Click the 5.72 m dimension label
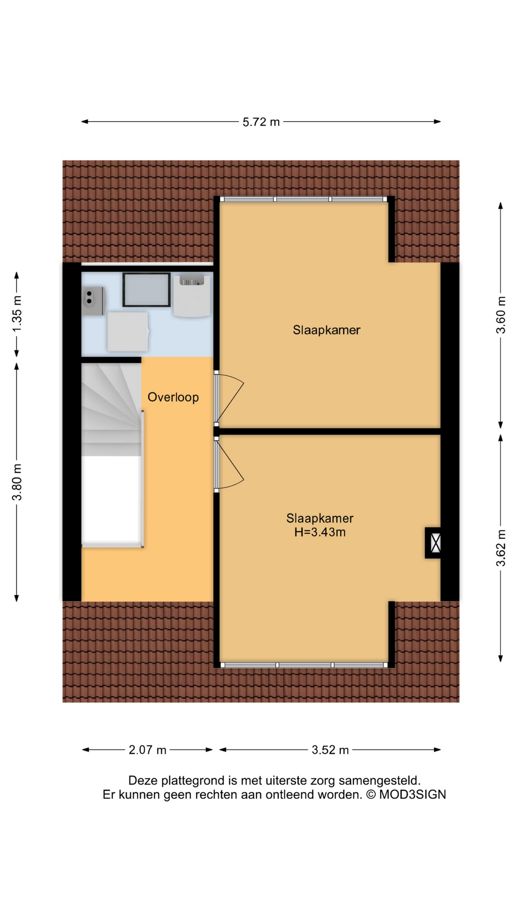tap(261, 122)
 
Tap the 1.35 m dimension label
tap(17, 314)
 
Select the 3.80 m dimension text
tap(17, 482)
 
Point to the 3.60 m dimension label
tap(501, 315)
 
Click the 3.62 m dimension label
tap(501, 548)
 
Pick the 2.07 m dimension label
tap(147, 750)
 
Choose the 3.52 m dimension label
tap(330, 750)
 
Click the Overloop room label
tap(173, 397)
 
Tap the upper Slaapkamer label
tap(326, 330)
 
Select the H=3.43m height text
tap(320, 532)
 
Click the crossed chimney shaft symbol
tap(435, 543)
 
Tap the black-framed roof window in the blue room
tap(146, 290)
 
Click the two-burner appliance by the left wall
tap(93, 301)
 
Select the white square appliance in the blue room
tap(128, 331)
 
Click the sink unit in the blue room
tap(192, 295)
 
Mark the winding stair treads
tap(112, 409)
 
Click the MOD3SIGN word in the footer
tap(413, 795)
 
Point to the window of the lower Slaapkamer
tap(304, 665)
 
